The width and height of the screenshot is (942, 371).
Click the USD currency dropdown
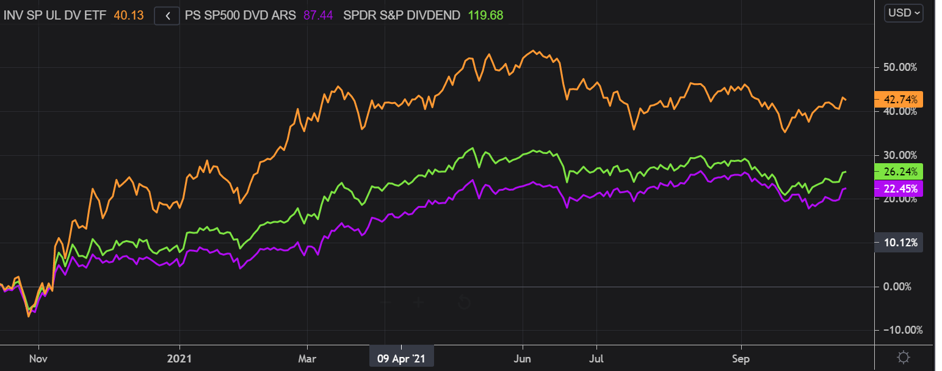[904, 13]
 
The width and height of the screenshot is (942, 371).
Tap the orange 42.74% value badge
[898, 99]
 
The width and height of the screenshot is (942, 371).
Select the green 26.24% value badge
[898, 172]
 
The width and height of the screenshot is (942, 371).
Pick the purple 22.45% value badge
[898, 188]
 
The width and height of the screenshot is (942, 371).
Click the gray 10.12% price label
[898, 243]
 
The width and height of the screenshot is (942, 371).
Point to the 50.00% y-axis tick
[900, 67]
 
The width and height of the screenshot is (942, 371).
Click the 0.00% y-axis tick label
[902, 287]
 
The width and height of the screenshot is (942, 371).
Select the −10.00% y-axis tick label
[899, 331]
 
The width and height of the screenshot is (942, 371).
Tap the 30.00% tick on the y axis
[900, 155]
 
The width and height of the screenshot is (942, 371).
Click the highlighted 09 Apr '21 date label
[402, 358]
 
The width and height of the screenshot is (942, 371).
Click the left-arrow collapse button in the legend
[166, 16]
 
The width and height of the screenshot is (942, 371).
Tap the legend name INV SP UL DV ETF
[55, 16]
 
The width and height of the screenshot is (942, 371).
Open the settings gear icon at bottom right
[904, 358]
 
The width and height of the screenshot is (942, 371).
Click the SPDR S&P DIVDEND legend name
[401, 16]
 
